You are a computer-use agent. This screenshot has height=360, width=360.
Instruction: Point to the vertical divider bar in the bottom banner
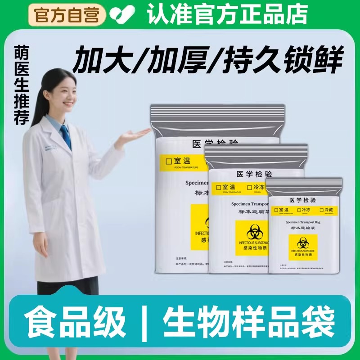tap(145, 321)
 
